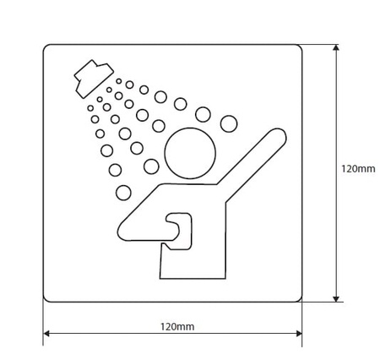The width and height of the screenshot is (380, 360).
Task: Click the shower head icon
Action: coord(94,79)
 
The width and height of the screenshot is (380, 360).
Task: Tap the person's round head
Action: coord(190,153)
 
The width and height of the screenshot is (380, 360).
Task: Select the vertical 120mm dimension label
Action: coord(358,169)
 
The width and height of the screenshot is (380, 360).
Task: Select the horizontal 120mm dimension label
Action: coord(177,326)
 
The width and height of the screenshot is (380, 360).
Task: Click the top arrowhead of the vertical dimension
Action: coord(335,47)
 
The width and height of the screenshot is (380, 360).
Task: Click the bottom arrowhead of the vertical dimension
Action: coord(335,298)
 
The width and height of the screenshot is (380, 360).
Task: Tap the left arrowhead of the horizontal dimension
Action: coord(46,334)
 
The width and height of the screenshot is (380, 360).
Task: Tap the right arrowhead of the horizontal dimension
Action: coord(299,334)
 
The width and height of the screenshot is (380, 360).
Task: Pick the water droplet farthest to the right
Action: coord(229,123)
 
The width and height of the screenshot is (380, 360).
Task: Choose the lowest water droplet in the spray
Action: coord(123,193)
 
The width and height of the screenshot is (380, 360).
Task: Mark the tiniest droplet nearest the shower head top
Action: coord(119,81)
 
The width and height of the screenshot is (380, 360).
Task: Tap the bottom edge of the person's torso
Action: coord(193,279)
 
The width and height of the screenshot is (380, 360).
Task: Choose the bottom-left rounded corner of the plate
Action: coord(46,299)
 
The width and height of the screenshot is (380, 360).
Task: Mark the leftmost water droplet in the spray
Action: coord(90,108)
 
